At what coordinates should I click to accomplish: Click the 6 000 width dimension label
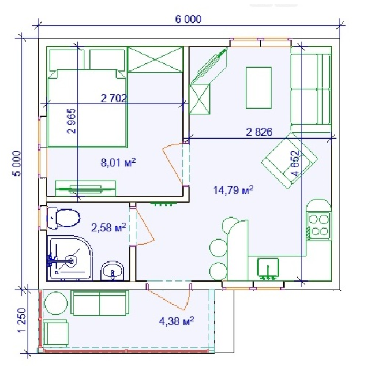coord(188,19)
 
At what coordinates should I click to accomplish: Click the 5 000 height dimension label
coord(17,163)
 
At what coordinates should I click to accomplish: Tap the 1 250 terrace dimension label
coord(21,320)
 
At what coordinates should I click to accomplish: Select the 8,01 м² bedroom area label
coord(118,162)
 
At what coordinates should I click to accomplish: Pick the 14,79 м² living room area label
coord(233,190)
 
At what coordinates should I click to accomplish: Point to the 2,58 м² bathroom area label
coord(109,227)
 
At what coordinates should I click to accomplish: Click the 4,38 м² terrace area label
coord(177,321)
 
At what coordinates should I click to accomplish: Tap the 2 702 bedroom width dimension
coord(114,99)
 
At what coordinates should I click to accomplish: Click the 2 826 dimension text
coord(259,132)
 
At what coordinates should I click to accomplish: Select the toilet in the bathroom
coord(63,218)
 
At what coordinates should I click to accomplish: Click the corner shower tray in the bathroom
coord(70,258)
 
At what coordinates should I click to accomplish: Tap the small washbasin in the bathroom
coord(113,271)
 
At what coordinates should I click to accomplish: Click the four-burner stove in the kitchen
coord(319,225)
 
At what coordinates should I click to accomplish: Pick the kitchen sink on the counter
coord(268,268)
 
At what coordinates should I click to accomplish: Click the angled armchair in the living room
coord(289,160)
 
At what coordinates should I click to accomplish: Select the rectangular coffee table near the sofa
coord(259,88)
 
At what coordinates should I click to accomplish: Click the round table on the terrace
coord(56,303)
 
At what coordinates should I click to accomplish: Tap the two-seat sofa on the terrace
coord(100,302)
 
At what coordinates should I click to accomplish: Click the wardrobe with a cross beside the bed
coord(155,59)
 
